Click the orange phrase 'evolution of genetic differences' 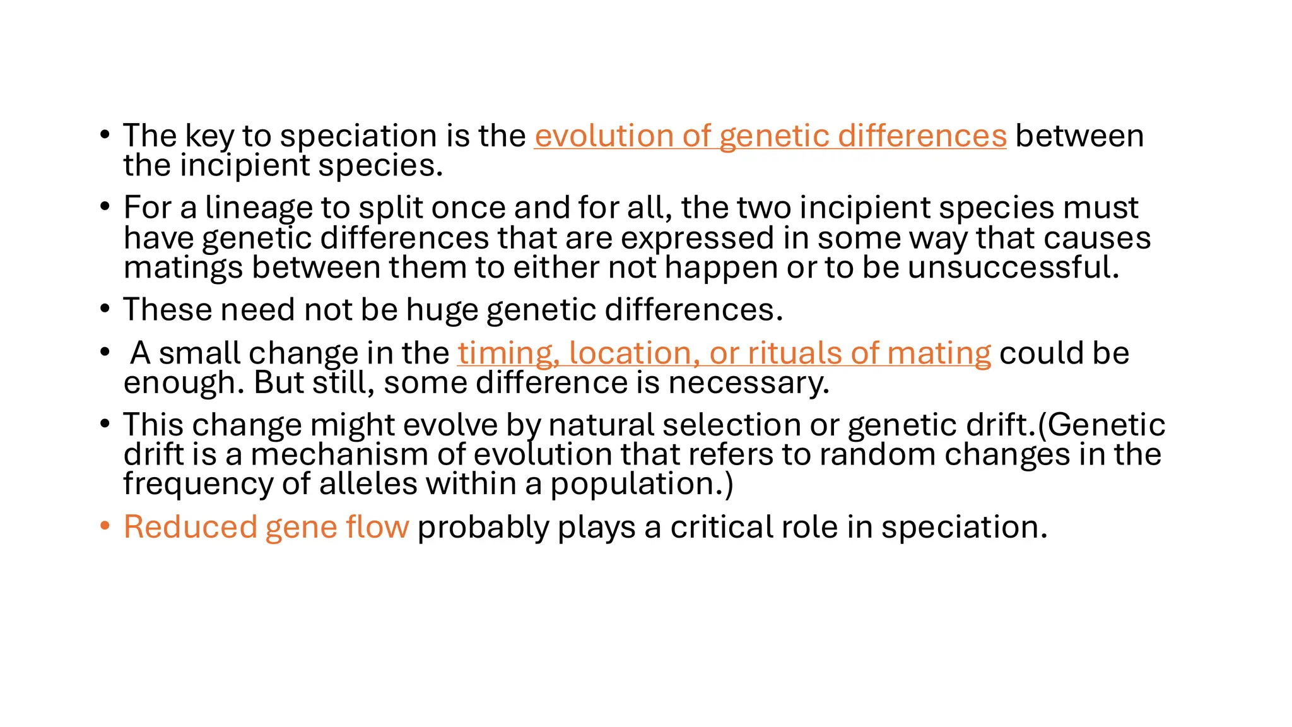[x=770, y=136]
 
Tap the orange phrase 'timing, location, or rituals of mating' [x=724, y=353]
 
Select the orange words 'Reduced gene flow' [x=266, y=527]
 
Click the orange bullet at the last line [x=105, y=526]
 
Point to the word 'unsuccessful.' [x=1013, y=268]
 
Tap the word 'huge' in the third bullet [x=442, y=310]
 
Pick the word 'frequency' [x=197, y=485]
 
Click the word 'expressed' [x=697, y=239]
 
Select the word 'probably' [x=483, y=528]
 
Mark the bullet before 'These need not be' [x=105, y=309]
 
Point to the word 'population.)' [x=642, y=485]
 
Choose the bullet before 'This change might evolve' [x=105, y=423]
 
